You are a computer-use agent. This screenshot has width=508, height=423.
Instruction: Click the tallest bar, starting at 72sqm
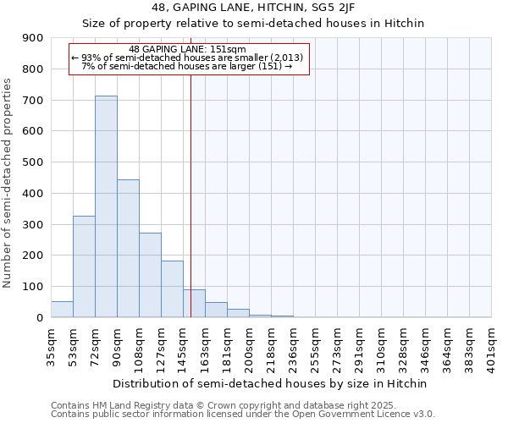point(106,206)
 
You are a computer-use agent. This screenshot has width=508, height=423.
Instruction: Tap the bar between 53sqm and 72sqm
point(84,266)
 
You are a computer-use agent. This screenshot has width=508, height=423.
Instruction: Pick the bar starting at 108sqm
point(150,275)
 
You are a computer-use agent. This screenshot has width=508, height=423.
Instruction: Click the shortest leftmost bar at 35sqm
point(62,310)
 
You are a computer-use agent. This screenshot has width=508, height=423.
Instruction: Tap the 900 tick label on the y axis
point(33,38)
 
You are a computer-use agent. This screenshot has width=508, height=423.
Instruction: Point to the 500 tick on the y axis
point(33,162)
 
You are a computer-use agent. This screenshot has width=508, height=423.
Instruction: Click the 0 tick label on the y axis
point(39,318)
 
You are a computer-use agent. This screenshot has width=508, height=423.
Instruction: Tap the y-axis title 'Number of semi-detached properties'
point(8,183)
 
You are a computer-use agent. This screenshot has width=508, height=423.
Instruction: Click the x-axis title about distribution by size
point(271,383)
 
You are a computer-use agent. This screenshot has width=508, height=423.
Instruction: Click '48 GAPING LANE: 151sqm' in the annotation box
point(188,49)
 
